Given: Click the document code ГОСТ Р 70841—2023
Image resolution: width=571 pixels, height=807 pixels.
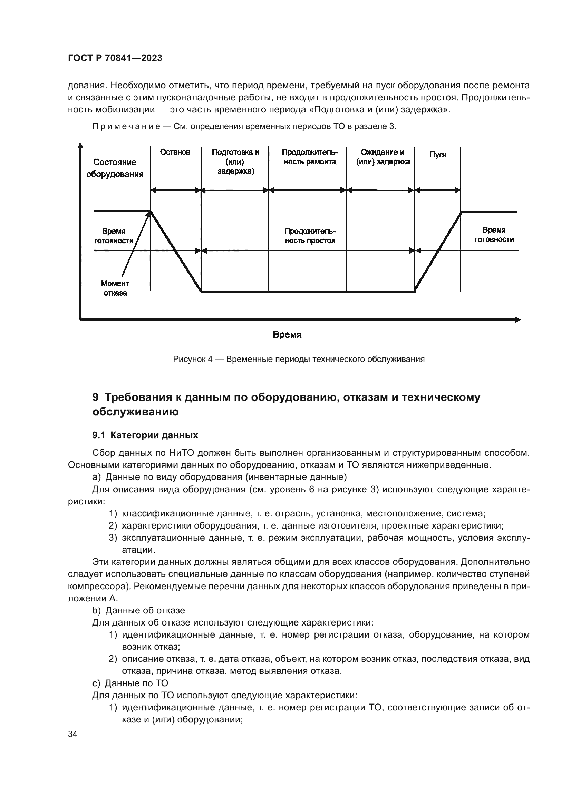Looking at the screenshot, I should point(115,58).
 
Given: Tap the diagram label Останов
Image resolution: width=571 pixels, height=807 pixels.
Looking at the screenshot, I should point(175,152).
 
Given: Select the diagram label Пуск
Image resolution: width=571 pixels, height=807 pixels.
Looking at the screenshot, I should point(438,155).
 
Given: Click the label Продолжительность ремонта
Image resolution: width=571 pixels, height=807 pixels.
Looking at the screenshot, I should point(310,157).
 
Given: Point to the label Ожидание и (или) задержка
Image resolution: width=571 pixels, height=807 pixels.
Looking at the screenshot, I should point(383,157).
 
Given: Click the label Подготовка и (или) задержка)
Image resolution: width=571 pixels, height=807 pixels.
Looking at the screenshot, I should point(235,162).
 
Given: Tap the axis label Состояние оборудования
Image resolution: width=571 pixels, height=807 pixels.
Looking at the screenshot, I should point(115,168).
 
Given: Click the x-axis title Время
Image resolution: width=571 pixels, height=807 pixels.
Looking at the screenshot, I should point(287,335).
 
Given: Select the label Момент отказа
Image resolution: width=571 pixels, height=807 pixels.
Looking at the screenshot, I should point(115,288).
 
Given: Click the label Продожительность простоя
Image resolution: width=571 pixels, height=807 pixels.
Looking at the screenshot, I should point(310,236).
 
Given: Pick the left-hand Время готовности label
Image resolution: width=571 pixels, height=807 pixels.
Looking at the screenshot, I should point(114,236).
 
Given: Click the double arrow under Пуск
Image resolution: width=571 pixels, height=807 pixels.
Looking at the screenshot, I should point(437,190).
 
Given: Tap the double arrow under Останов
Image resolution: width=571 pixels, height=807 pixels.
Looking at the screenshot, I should point(175,190).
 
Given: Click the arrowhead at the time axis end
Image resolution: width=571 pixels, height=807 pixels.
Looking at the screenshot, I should point(517,319).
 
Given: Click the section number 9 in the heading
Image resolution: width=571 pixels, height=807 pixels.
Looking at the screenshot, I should point(95,397).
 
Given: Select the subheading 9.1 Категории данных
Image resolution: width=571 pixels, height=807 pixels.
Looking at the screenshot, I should point(145,435).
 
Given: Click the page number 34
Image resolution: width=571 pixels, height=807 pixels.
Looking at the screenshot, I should point(73,734).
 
